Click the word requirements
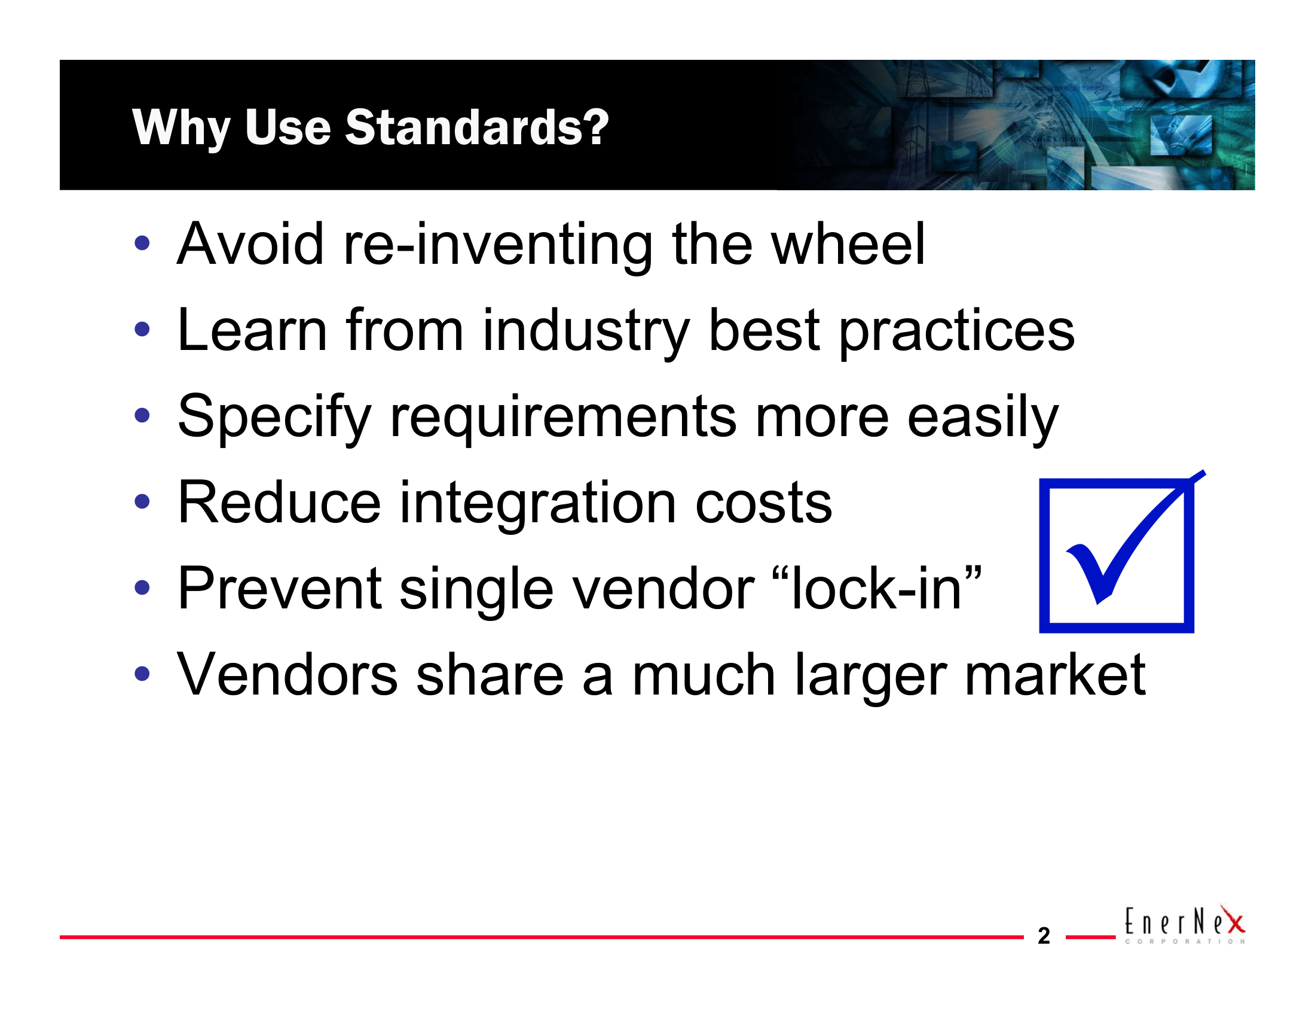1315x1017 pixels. pyautogui.click(x=563, y=417)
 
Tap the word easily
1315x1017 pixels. pyautogui.click(x=982, y=417)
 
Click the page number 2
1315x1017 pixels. pyautogui.click(x=1044, y=936)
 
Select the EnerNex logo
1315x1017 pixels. pyautogui.click(x=1183, y=925)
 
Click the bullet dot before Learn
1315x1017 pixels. pyautogui.click(x=142, y=330)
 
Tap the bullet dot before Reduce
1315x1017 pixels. pyautogui.click(x=142, y=501)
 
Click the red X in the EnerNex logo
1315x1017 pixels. pyautogui.click(x=1234, y=921)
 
